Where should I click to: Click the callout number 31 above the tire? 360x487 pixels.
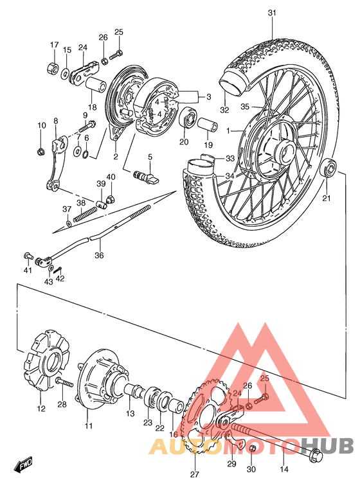click(x=271, y=13)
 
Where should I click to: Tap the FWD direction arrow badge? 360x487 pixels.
click(x=22, y=463)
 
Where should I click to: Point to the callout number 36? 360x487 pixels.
click(x=98, y=255)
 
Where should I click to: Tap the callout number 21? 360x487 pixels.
click(x=325, y=199)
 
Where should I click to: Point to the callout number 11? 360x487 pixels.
click(x=89, y=425)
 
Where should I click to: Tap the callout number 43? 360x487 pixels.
click(x=49, y=282)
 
